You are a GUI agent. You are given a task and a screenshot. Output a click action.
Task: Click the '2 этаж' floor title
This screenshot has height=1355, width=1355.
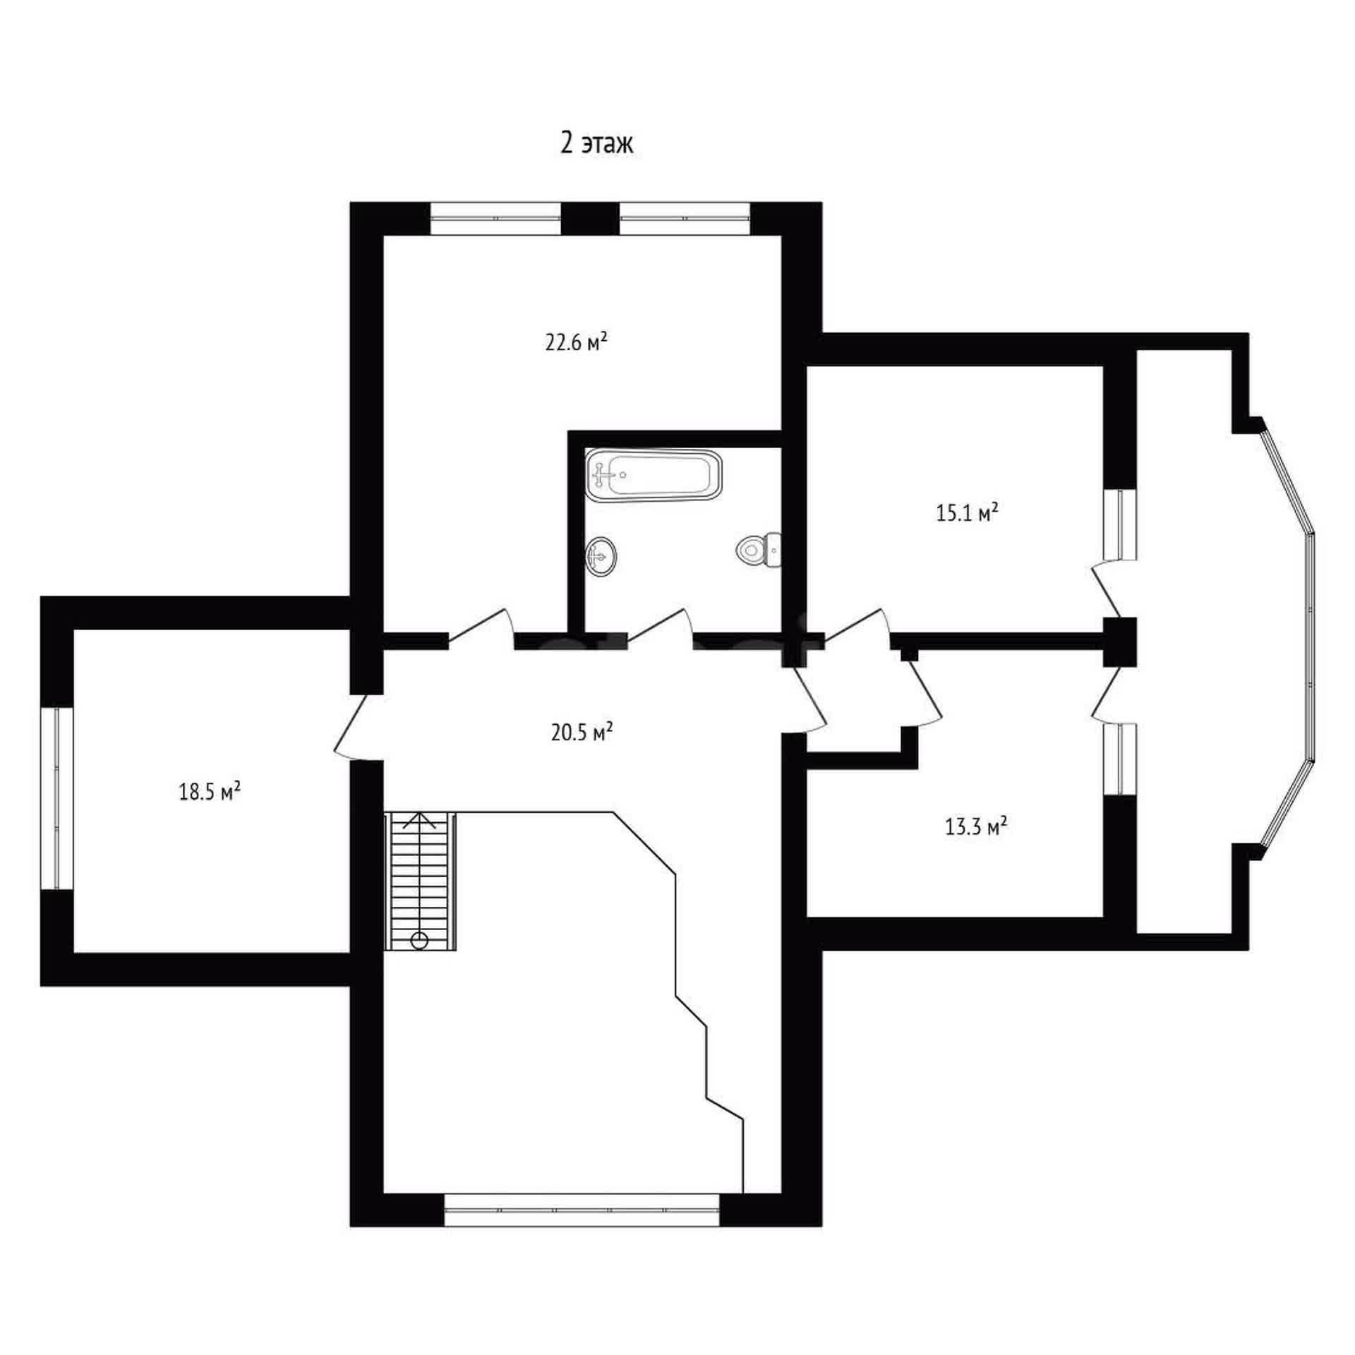[597, 144]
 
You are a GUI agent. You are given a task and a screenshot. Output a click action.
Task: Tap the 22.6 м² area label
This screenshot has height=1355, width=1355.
[577, 342]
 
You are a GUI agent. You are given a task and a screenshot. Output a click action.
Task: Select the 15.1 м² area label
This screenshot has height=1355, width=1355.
[967, 513]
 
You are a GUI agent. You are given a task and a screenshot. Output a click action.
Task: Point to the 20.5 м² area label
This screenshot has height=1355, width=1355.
[582, 733]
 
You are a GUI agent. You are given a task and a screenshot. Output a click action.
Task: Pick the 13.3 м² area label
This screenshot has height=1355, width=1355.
[975, 826]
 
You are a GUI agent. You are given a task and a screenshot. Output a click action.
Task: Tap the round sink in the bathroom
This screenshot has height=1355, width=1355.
[601, 555]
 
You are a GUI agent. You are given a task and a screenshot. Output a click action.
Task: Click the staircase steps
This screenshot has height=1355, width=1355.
[421, 881]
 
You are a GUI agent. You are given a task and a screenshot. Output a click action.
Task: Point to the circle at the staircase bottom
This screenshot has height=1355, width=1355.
[419, 940]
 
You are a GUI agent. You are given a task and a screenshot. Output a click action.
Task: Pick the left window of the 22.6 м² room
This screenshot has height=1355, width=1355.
[495, 219]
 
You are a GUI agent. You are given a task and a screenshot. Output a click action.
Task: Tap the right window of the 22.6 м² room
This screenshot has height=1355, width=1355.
[685, 219]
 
